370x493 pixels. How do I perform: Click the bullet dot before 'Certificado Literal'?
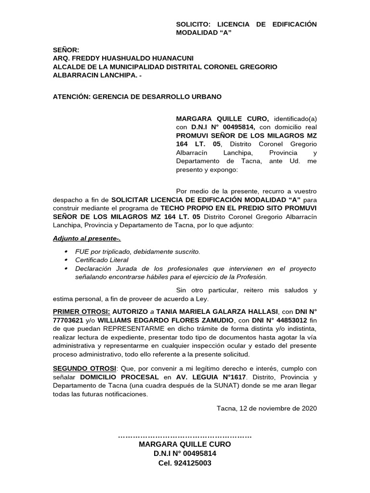point(66,260)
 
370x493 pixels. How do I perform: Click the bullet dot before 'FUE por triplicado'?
point(66,252)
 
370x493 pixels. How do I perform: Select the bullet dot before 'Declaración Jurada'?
point(66,269)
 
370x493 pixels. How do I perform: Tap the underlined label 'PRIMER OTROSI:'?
point(81,312)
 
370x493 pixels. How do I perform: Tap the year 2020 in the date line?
point(309,409)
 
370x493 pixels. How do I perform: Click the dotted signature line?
point(185,437)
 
